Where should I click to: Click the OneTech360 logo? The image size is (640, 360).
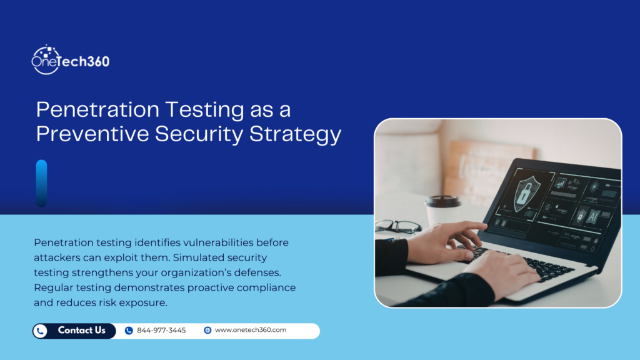70,61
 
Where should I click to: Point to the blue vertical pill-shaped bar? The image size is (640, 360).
41,182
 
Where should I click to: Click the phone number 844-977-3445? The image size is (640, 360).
161,331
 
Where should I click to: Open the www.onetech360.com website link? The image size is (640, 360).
250,331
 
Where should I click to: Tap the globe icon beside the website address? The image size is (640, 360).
207,331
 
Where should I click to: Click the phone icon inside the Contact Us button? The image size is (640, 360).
41,331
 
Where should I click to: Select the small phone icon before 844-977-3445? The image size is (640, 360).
129,331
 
